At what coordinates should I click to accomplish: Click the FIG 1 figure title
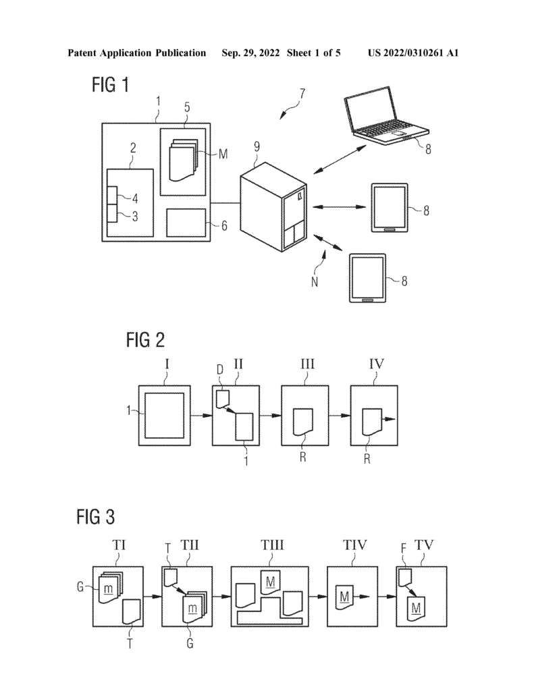coord(110,84)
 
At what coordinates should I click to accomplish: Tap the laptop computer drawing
coord(386,115)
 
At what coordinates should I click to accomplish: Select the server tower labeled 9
coord(274,206)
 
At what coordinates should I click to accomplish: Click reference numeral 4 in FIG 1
coord(135,199)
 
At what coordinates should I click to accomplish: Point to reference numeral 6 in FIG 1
coord(224,226)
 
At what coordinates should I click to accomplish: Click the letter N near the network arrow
coord(315,281)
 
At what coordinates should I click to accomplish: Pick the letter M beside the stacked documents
coord(223,154)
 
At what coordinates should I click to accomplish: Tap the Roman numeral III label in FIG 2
coord(307,364)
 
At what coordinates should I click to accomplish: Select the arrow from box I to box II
coord(202,416)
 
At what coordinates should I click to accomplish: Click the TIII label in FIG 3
coord(272,545)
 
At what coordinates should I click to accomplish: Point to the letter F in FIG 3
coord(403,548)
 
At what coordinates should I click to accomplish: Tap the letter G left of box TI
coord(80,587)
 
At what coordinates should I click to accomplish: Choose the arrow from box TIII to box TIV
coord(317,597)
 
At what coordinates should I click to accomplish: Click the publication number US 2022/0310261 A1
coord(413,53)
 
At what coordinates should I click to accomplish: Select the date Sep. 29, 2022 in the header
coord(250,53)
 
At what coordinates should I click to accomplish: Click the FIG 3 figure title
coord(96,516)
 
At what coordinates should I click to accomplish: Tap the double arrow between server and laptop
coord(340,159)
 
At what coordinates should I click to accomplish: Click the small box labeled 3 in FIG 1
coord(113,214)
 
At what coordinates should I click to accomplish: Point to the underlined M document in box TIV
coord(344,597)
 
